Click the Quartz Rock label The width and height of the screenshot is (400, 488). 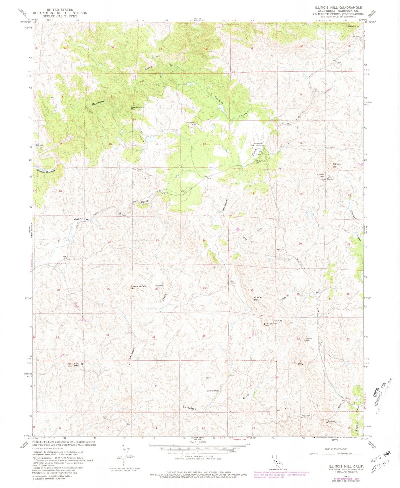(213, 391)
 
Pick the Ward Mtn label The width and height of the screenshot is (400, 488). (353, 26)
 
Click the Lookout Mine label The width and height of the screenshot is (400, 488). (309, 339)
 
